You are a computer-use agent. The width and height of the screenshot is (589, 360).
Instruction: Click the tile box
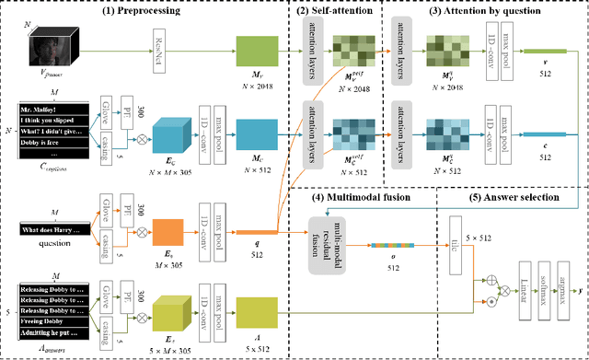(x=455, y=243)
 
